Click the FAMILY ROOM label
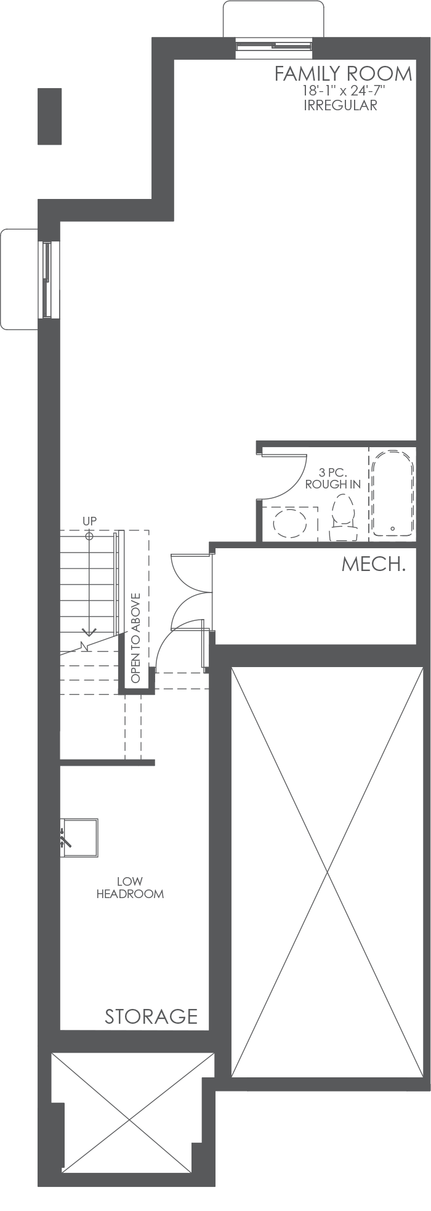click(343, 74)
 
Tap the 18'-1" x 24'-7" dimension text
click(343, 91)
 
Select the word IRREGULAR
click(340, 105)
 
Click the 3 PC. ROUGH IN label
click(332, 479)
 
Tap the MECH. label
click(373, 564)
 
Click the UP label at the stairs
click(90, 521)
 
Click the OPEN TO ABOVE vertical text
click(136, 638)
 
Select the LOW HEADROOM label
click(130, 888)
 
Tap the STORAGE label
click(151, 1016)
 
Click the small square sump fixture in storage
click(79, 838)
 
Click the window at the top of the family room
click(273, 45)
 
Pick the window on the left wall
click(47, 280)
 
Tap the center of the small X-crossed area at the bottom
click(131, 1120)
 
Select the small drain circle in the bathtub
click(392, 529)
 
